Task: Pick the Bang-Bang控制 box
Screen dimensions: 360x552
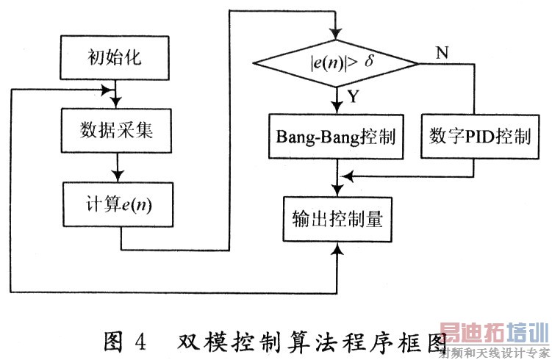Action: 337,137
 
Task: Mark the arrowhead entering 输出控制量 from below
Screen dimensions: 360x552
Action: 337,249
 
